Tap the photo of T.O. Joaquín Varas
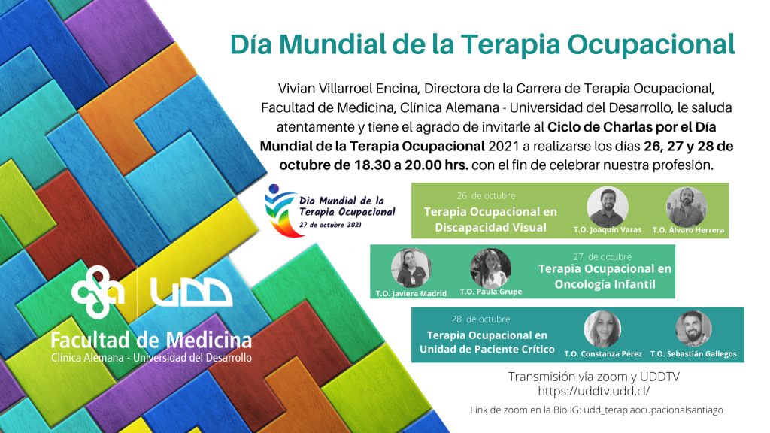608,207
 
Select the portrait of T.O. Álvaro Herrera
687,207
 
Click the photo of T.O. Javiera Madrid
411,268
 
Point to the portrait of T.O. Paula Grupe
490,268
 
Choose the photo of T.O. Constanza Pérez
602,329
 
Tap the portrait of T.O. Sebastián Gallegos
693,329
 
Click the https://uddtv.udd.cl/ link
594,391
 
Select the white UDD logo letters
191,292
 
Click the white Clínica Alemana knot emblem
98,292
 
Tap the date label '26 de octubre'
486,196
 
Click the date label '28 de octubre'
480,319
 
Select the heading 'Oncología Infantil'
605,284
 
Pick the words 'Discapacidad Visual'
490,227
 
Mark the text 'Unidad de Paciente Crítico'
487,349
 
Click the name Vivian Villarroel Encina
348,89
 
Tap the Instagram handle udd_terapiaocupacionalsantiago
653,410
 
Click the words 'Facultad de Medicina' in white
151,340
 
